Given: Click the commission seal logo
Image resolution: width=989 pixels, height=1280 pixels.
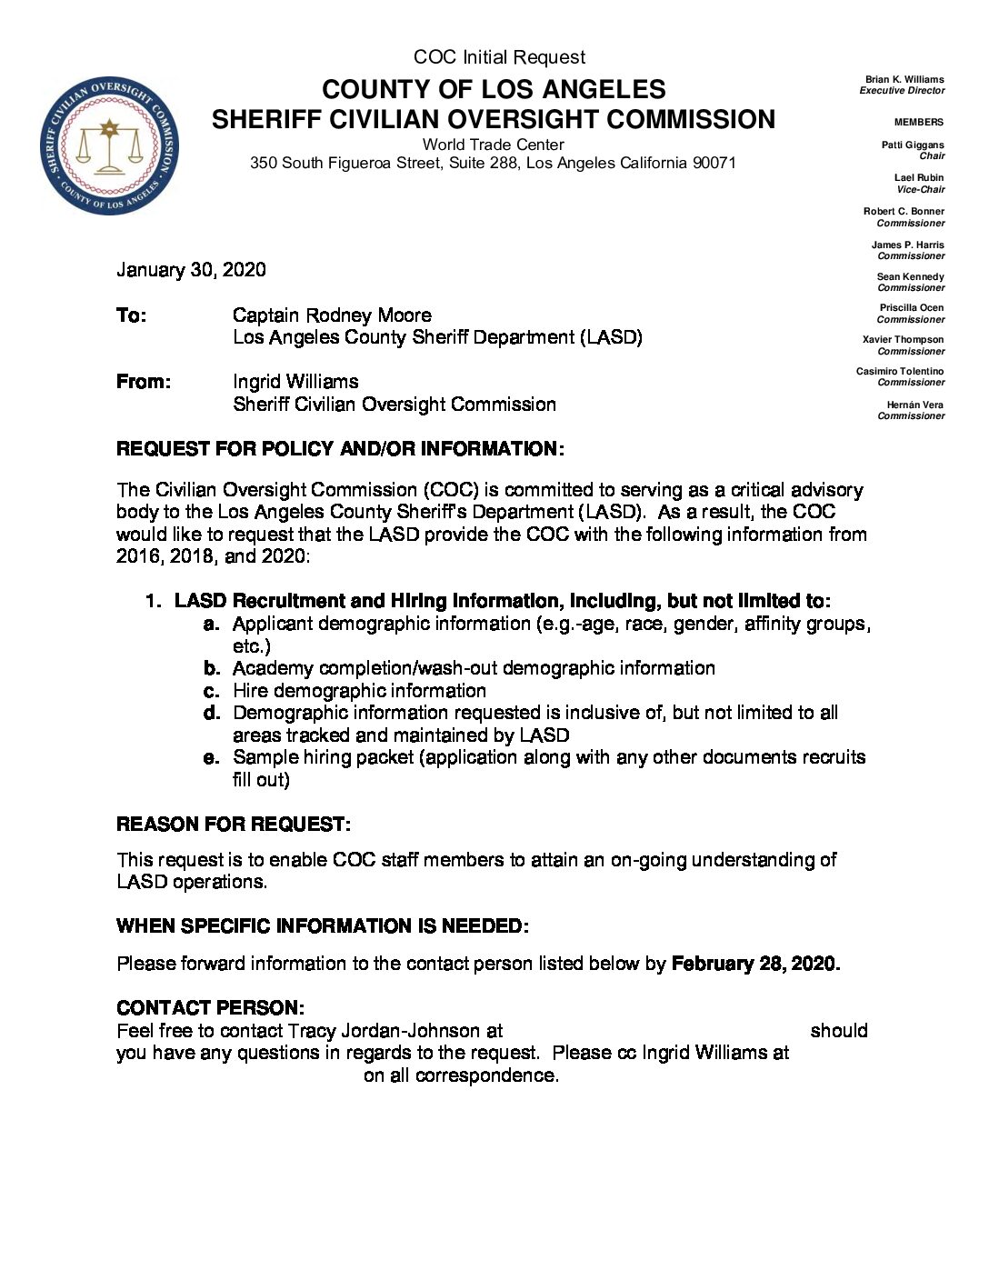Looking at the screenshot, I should (x=109, y=145).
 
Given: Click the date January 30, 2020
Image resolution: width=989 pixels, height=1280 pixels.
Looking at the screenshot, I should (x=191, y=270).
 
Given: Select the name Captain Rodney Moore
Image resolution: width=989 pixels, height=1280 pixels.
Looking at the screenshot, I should (x=332, y=315).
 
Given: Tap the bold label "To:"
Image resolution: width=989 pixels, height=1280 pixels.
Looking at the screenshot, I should (x=131, y=315).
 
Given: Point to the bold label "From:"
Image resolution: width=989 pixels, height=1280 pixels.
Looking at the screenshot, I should (x=143, y=382).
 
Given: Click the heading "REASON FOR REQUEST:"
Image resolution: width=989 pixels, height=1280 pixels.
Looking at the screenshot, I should (x=233, y=825).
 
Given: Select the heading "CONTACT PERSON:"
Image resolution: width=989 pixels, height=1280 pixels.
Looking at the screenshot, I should (x=210, y=1008).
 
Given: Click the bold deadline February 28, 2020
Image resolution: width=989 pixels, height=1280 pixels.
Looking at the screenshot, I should (x=754, y=964).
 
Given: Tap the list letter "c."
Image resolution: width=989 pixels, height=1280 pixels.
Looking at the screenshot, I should (x=213, y=691).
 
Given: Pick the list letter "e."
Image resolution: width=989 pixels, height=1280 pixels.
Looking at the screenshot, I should (x=213, y=757).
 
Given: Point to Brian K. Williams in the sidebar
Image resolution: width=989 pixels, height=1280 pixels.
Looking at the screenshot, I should (x=904, y=80).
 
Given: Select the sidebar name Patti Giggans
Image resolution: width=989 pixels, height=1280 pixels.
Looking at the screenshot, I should (x=913, y=145).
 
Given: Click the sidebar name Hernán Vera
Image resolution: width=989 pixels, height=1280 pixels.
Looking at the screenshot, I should (x=915, y=405).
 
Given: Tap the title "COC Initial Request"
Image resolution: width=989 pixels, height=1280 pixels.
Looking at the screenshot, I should (x=499, y=57).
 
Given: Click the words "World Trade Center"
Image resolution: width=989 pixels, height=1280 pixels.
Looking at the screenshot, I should (x=493, y=145).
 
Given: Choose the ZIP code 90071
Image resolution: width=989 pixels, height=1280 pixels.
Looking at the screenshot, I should (x=714, y=164).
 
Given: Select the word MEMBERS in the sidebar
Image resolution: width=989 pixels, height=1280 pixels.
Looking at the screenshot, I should (x=918, y=122).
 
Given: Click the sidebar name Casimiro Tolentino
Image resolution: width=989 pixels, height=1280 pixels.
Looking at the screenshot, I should (x=900, y=371).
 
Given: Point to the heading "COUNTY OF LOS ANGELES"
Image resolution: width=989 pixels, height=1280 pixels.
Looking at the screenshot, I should (x=494, y=89).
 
